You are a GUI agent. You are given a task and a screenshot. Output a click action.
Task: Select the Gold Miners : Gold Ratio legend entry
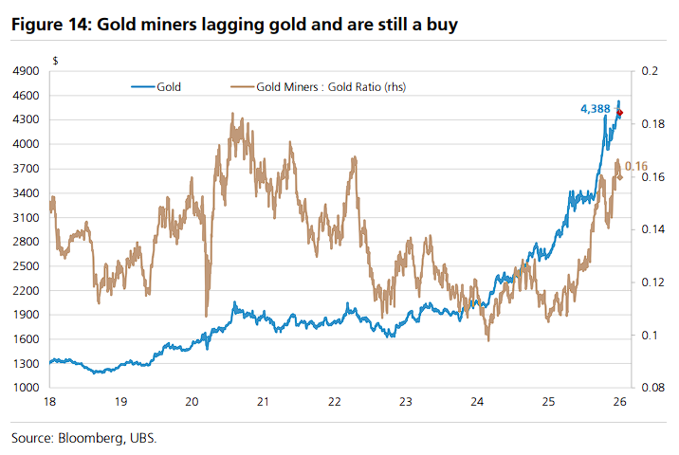point(325,86)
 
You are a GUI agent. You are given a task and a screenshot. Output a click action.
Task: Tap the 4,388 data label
point(595,110)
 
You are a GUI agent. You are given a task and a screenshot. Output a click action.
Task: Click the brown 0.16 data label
point(636,166)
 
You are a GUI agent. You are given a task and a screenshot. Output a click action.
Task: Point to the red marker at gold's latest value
point(620,113)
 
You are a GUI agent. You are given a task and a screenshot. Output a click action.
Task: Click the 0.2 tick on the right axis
point(649,71)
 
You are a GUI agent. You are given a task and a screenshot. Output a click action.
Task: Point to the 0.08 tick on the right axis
point(651,388)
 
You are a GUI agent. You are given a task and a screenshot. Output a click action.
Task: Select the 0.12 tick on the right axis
point(651,282)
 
